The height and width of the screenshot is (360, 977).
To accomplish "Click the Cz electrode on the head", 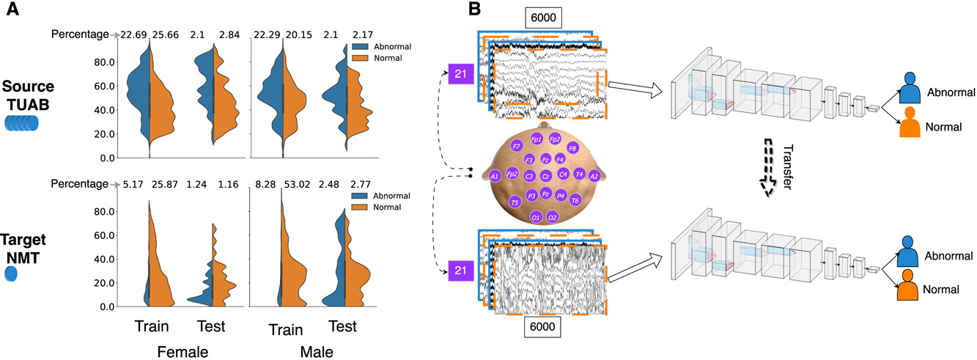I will click(545, 176).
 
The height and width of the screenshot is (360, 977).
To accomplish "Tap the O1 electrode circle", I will click(537, 218).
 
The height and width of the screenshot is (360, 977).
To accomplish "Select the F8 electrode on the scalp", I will click(572, 148).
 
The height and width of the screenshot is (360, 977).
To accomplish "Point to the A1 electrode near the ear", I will click(495, 176).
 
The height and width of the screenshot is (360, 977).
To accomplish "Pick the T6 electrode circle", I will click(575, 200).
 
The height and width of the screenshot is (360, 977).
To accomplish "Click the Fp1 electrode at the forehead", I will click(537, 139).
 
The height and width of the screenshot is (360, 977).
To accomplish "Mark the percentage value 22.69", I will click(133, 34).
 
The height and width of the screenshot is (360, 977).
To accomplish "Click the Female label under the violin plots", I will click(183, 352).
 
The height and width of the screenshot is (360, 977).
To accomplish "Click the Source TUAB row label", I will click(28, 94).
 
